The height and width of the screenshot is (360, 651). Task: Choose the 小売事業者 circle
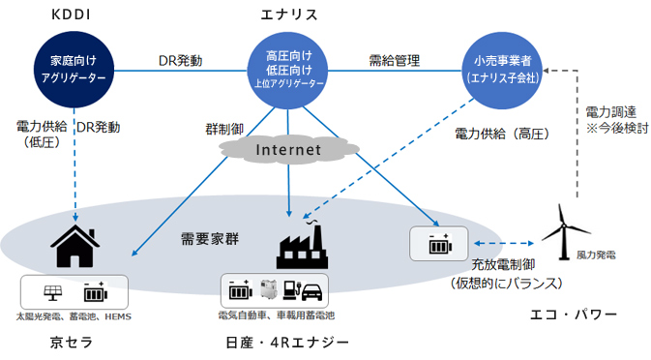tap(503, 67)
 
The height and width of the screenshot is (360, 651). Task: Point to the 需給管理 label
tap(394, 60)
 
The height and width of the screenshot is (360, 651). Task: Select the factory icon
tap(306, 245)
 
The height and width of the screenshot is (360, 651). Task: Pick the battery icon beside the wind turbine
tap(431, 244)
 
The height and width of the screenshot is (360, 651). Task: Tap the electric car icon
tap(311, 291)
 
